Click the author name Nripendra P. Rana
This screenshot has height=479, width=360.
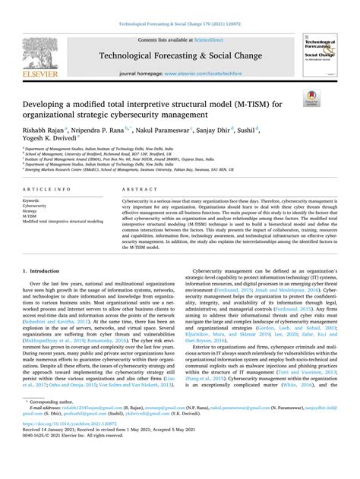click(115, 130)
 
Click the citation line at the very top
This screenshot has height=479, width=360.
click(180, 25)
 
